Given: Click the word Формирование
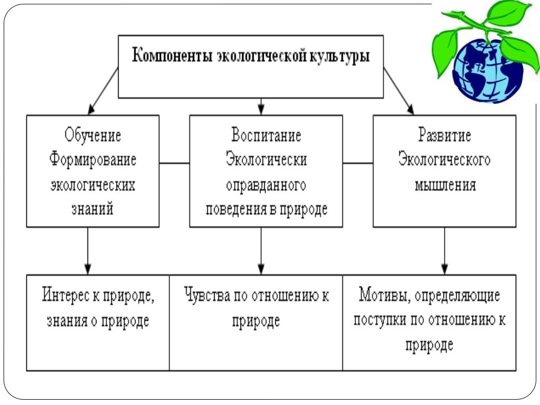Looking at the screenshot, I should click(x=93, y=160).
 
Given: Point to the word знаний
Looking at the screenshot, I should click(x=93, y=209).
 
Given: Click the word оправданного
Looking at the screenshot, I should click(x=266, y=185).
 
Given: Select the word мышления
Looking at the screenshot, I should click(x=445, y=185).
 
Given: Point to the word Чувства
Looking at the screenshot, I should click(x=206, y=295).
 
